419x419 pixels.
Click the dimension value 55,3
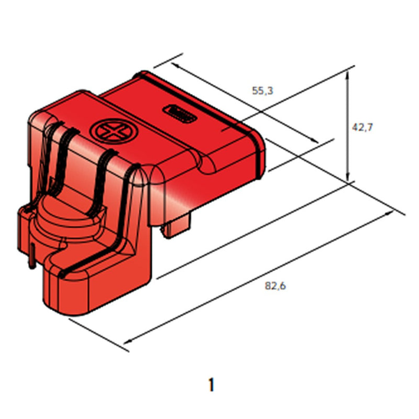pyautogui.click(x=263, y=91)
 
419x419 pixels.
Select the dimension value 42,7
pyautogui.click(x=362, y=127)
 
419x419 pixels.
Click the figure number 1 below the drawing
pyautogui.click(x=211, y=385)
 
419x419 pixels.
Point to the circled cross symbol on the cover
pyautogui.click(x=109, y=131)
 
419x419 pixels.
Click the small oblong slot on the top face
pyautogui.click(x=181, y=113)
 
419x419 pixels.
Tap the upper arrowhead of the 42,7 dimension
pyautogui.click(x=347, y=75)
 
